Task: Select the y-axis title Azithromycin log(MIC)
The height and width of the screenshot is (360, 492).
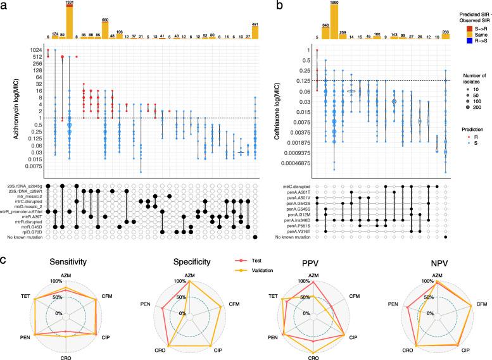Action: coord(8,109)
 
